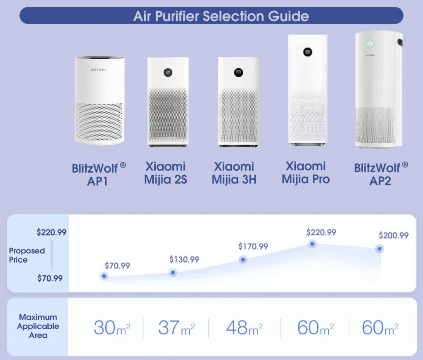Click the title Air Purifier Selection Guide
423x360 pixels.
[x=221, y=16]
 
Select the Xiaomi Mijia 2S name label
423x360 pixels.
[x=165, y=173]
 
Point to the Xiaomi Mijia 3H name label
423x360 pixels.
[x=234, y=173]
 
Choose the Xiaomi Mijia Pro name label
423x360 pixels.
[x=306, y=173]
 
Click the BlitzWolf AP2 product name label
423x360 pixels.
[x=381, y=174]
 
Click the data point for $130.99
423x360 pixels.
[x=173, y=272]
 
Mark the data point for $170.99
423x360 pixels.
[x=243, y=259]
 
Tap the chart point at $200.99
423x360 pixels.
[x=379, y=249]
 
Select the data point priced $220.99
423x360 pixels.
[x=312, y=244]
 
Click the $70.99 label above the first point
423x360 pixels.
[x=117, y=266]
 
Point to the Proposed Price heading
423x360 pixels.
[x=27, y=255]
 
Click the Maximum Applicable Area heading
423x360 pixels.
[x=38, y=326]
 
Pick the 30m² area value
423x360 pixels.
[x=112, y=327]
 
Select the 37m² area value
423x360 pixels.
[x=176, y=327]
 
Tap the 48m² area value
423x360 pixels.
[x=244, y=327]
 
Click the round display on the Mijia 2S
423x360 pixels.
[x=168, y=72]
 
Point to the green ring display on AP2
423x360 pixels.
[x=370, y=44]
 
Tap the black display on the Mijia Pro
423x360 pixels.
[x=307, y=52]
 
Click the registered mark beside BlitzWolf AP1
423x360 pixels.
[x=123, y=165]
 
